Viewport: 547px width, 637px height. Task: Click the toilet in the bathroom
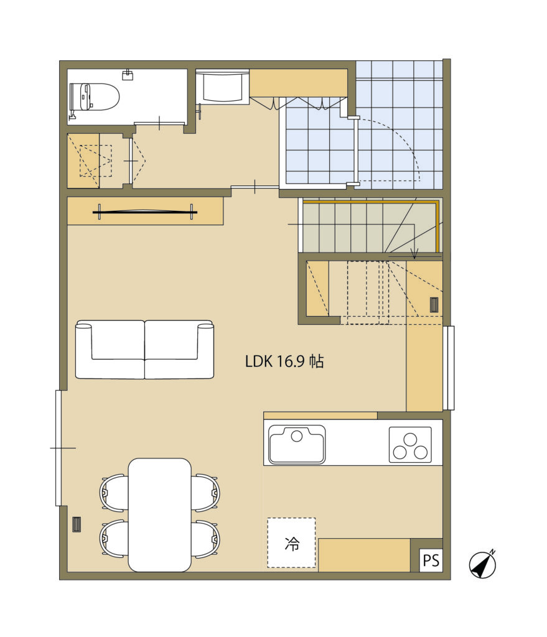point(95,98)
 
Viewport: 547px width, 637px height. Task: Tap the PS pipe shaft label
point(431,560)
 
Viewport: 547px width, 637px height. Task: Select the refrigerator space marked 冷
point(291,542)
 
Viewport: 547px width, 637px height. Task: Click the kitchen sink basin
point(297,445)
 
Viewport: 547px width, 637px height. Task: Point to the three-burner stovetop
point(410,445)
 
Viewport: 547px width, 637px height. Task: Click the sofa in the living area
point(144,350)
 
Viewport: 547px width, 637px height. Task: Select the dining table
point(160,514)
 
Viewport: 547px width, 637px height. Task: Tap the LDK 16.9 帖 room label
point(284,361)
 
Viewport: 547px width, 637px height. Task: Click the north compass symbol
point(482,564)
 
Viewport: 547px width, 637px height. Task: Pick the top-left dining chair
point(115,493)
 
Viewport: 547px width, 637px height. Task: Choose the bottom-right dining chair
point(205,539)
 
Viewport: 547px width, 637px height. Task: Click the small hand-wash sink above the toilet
point(128,74)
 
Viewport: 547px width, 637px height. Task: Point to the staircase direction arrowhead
point(414,256)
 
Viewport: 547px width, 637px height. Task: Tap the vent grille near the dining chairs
point(77,524)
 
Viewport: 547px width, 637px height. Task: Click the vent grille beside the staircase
point(434,305)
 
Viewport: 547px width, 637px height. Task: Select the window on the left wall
point(58,448)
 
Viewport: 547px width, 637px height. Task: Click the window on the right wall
point(449,368)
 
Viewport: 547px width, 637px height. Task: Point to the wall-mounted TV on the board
point(145,212)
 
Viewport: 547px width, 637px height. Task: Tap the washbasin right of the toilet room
point(222,87)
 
